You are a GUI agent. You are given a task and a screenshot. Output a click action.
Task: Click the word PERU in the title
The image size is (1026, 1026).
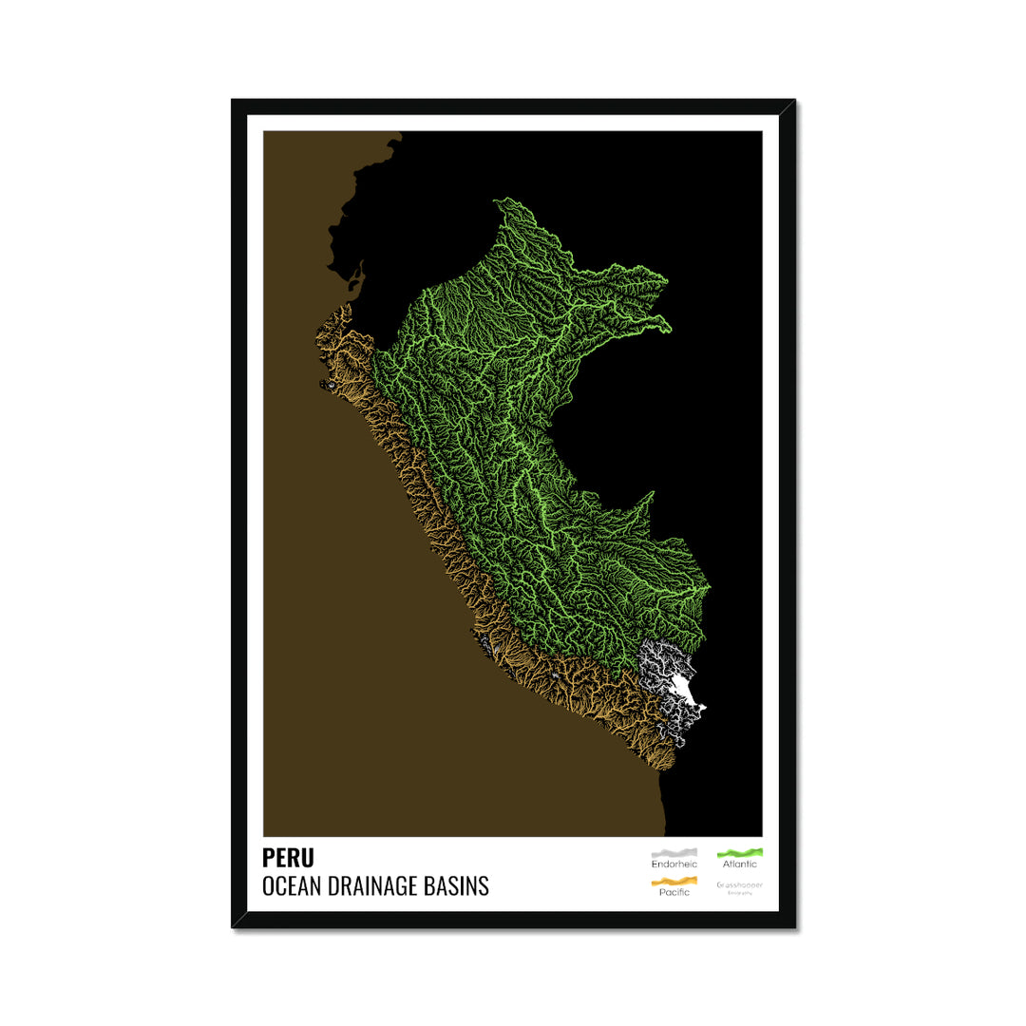click(x=288, y=858)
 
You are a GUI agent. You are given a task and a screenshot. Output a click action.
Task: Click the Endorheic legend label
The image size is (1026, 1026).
click(x=674, y=864)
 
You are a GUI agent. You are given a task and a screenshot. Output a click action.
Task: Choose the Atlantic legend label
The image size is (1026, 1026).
click(x=739, y=864)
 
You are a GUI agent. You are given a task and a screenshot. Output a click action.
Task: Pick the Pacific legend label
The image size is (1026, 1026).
click(x=674, y=892)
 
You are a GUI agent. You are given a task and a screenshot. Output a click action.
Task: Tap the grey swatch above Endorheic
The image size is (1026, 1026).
click(x=674, y=853)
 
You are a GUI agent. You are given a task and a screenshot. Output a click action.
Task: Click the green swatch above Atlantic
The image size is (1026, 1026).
click(x=739, y=853)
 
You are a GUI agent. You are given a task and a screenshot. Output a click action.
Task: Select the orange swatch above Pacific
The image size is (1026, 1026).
click(x=674, y=881)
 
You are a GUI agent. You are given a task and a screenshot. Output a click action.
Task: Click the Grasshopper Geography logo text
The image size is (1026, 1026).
click(x=739, y=886)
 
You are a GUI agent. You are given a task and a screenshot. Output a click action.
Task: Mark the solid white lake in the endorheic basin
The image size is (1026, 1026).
click(x=686, y=693)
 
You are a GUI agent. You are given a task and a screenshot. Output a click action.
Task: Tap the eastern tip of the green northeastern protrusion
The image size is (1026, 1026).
click(x=669, y=329)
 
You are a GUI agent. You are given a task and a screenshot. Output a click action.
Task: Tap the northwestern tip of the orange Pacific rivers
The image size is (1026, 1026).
click(x=322, y=318)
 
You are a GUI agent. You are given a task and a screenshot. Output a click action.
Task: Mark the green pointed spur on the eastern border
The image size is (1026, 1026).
click(x=652, y=494)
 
